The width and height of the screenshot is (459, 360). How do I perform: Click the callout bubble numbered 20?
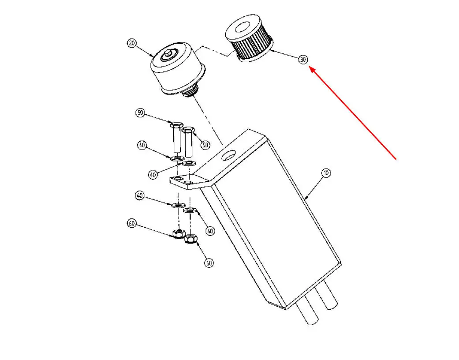132,43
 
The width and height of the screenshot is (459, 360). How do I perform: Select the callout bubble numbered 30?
303,60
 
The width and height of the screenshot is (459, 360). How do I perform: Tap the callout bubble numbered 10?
326,173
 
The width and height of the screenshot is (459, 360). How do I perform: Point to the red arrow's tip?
310,67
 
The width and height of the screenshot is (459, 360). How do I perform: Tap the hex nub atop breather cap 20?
168,54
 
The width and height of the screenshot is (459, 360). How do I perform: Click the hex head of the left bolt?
176,125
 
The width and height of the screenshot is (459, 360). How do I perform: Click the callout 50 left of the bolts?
141,113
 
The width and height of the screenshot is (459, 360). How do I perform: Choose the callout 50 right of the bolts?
205,145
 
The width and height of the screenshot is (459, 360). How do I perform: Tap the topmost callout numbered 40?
142,145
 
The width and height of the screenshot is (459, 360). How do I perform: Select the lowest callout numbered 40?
210,231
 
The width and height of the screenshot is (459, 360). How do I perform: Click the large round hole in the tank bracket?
229,156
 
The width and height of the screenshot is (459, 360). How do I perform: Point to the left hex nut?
178,234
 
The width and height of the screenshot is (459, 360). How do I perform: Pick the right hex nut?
190,239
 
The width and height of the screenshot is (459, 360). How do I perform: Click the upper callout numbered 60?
132,224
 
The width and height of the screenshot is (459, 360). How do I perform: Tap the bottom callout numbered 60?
209,263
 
